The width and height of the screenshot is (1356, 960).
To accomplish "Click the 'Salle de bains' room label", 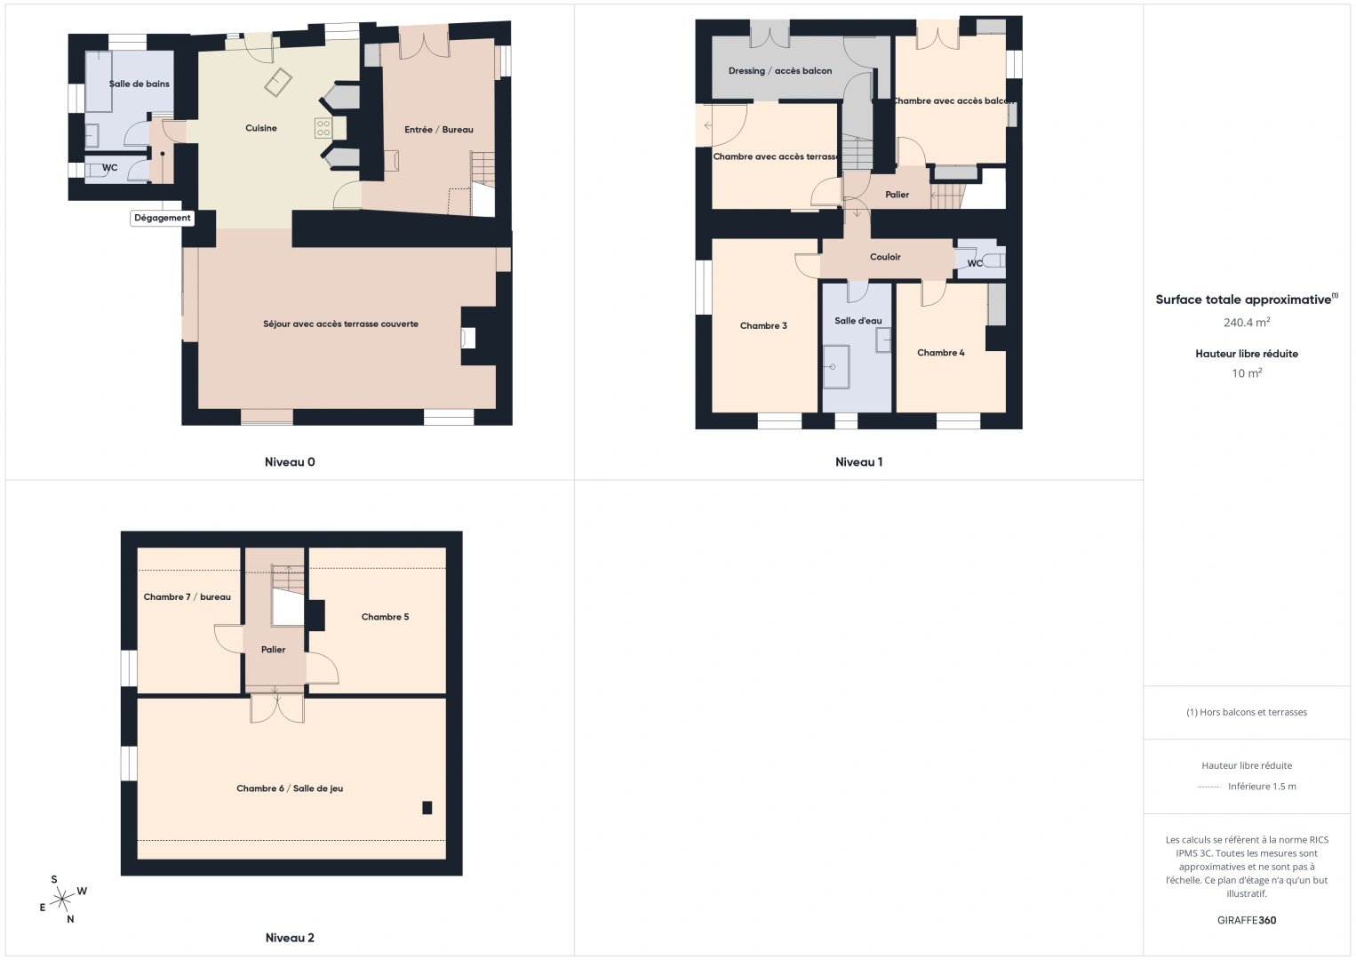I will click(x=140, y=84).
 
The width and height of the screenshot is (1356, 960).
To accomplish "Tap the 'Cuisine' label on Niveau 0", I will click(x=261, y=128).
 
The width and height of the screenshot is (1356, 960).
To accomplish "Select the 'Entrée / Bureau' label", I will click(x=439, y=130).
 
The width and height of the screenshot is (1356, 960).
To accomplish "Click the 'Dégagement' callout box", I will click(x=163, y=218).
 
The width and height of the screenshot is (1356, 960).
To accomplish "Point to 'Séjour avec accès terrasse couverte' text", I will click(x=340, y=324).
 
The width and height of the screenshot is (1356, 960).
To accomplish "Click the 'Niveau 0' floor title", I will click(x=290, y=462).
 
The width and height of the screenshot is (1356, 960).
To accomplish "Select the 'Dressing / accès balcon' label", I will click(x=780, y=71).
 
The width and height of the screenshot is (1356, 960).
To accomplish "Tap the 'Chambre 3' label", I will click(x=763, y=326).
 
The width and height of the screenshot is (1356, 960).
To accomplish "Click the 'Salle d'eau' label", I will click(x=858, y=321).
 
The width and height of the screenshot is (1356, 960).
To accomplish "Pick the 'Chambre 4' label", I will click(x=941, y=353).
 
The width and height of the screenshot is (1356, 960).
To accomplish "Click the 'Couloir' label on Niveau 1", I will click(x=885, y=257).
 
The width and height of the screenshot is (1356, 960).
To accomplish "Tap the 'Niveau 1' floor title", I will click(x=858, y=462).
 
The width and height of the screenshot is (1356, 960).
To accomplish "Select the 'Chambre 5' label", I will click(x=385, y=617).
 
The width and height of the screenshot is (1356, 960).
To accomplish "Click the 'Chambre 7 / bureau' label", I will click(x=187, y=597).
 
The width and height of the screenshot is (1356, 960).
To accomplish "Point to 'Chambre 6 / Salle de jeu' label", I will click(x=290, y=788).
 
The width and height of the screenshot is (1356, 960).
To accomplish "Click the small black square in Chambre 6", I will click(x=427, y=808).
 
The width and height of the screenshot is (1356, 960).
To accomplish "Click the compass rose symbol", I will click(x=62, y=900).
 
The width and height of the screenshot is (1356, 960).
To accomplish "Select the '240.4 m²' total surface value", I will click(x=1246, y=323).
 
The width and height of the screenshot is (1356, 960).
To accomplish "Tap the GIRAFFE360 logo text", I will click(x=1246, y=921).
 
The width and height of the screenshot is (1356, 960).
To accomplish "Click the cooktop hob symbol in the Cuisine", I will click(x=323, y=128).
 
